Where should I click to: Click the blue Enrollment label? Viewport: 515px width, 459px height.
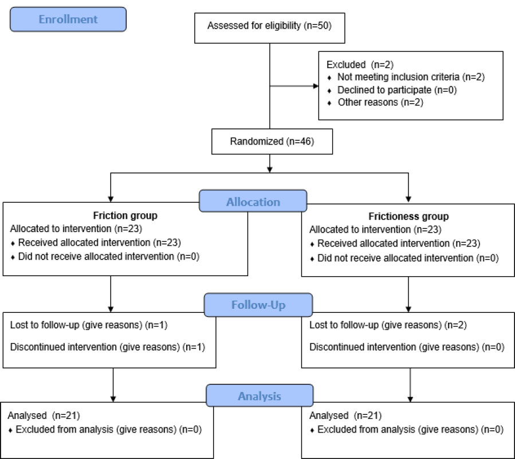coord(68,19)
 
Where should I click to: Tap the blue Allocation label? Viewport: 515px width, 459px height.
coord(253,201)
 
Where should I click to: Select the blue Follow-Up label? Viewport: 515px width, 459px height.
coord(258,305)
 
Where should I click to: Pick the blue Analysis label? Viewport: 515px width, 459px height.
coord(260,395)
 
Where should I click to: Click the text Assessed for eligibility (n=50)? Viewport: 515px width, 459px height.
coord(269,26)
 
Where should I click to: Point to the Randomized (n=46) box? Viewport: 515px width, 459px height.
coord(272,142)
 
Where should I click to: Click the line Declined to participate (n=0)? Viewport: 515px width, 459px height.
coord(397,90)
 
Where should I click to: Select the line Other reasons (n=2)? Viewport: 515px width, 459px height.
coord(380,103)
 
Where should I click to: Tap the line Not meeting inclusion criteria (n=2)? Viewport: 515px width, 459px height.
coord(411,77)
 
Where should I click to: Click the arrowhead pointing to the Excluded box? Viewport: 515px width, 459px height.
coord(316,86)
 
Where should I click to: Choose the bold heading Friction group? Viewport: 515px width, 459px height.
coord(125,215)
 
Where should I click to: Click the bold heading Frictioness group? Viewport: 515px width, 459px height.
coord(408,217)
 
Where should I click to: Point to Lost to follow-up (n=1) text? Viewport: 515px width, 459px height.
coord(89,325)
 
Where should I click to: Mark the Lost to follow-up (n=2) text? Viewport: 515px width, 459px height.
coord(388,325)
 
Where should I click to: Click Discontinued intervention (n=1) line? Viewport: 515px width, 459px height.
coord(107,347)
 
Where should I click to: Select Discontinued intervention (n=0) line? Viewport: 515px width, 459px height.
coord(407,347)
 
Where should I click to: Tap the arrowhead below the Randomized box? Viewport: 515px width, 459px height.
coord(270,170)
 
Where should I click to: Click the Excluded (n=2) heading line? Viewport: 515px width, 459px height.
coord(360,65)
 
